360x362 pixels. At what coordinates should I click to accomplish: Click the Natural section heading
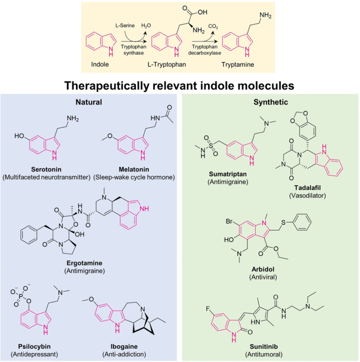click(89, 101)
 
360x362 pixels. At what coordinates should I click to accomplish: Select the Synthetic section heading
click(270, 101)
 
